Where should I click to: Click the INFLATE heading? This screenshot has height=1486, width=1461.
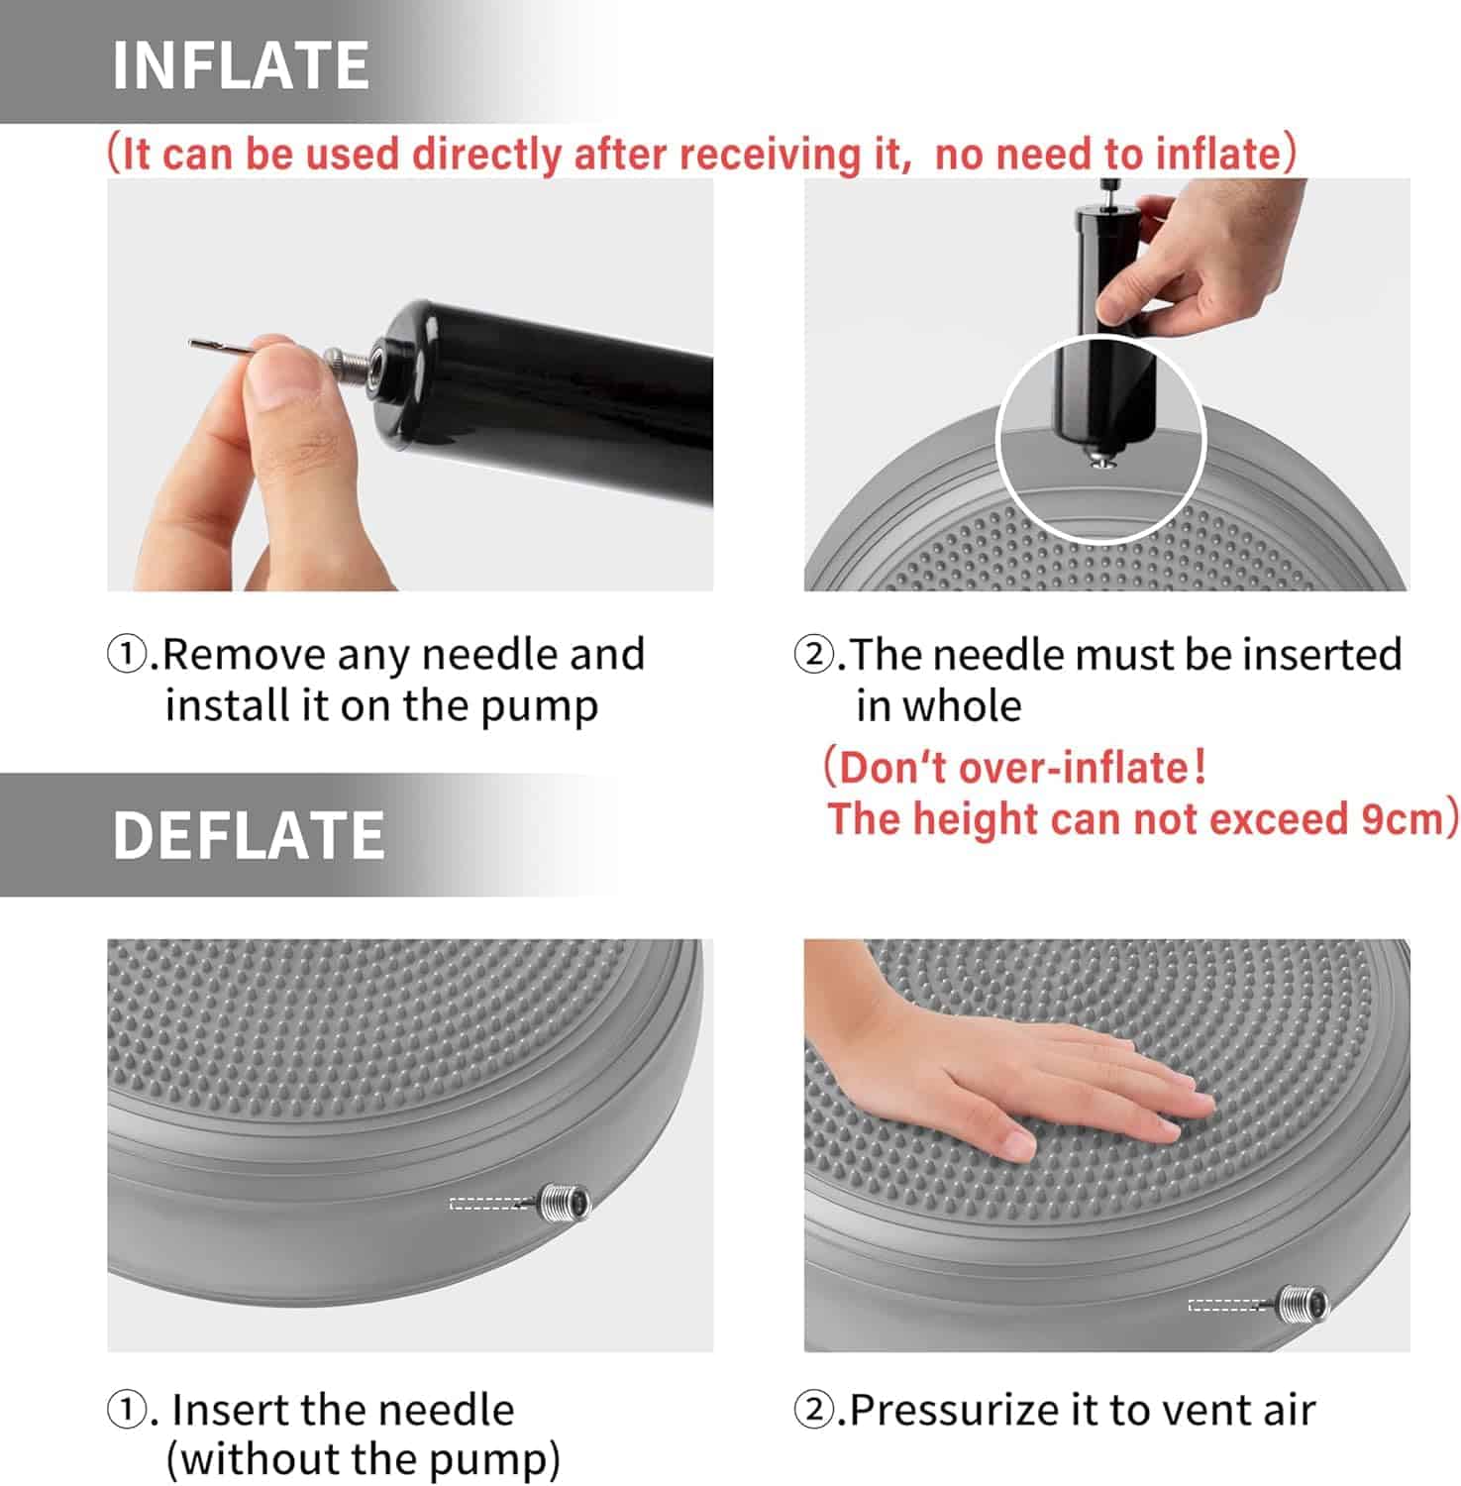(241, 65)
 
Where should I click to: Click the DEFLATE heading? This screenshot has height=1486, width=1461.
(249, 835)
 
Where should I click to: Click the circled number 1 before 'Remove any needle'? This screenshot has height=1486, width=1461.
(126, 655)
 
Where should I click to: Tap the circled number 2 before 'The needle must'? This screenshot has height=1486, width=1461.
(813, 655)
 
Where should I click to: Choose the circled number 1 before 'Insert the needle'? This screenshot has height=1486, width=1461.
(126, 1411)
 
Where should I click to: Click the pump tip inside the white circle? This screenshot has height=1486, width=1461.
(1099, 458)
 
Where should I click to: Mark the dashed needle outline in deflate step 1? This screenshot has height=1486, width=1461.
(490, 1204)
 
